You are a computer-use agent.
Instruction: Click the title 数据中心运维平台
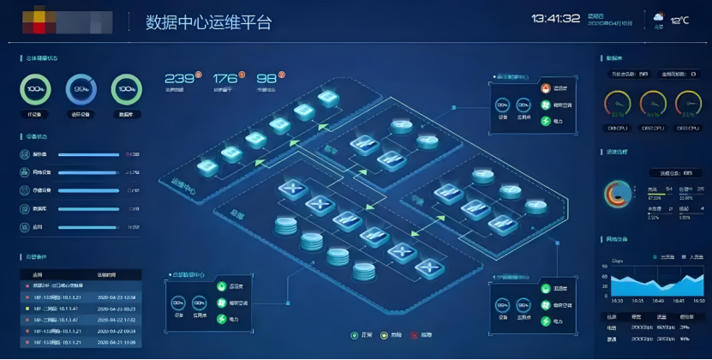209,22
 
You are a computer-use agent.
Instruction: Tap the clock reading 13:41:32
555,19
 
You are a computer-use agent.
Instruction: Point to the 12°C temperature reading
680,20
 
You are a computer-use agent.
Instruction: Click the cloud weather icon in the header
658,16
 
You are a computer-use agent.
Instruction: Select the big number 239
178,79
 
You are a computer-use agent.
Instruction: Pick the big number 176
224,79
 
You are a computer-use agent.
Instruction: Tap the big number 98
266,79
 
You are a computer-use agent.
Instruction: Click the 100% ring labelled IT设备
36,89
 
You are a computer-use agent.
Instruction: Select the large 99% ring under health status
81,89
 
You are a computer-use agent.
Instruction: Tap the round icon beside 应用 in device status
25,227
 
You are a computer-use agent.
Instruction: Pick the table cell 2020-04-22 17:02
117,319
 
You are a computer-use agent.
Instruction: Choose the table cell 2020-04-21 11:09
117,341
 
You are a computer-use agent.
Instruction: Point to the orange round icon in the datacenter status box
545,88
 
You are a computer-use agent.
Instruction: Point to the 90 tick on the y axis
605,266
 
